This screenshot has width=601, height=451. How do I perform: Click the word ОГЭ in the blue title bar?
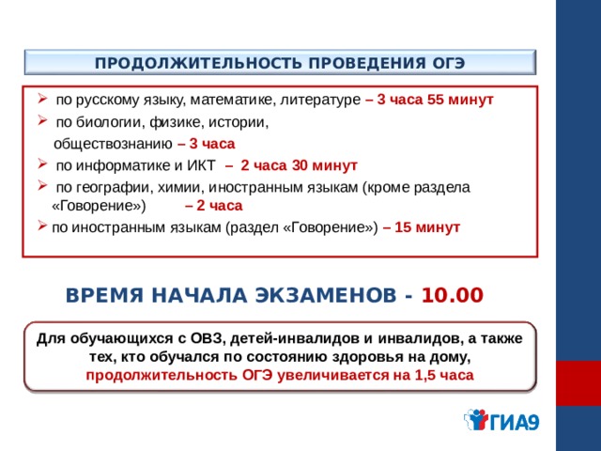coord(448,63)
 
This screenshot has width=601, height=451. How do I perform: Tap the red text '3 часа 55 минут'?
coord(435,100)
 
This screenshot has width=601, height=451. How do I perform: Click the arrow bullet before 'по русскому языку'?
coord(42,99)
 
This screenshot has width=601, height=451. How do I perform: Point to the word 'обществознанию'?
coord(113,144)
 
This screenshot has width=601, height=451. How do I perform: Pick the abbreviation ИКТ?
coord(201,165)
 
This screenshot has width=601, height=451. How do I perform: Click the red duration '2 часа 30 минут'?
coord(299,165)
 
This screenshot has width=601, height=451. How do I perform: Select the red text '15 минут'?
coord(427,227)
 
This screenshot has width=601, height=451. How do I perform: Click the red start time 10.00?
coord(453,295)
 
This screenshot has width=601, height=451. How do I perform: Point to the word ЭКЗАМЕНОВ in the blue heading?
coord(326,295)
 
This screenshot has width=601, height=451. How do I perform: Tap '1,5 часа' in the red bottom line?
coord(444,375)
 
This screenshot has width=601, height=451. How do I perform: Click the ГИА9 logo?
coord(502,420)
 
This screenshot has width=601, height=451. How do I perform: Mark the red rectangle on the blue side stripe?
coord(578,382)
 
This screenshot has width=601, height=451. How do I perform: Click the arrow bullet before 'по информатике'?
coord(42,164)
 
